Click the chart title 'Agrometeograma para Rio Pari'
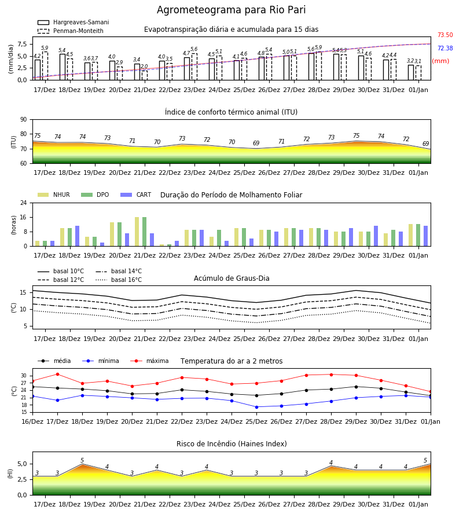tap(231, 10)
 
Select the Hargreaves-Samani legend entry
tap(73, 22)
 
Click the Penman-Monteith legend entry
tap(71, 31)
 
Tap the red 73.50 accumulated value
tap(445, 35)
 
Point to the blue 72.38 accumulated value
tap(445, 48)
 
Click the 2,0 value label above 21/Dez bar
tap(144, 67)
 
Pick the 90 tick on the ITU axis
tap(24, 120)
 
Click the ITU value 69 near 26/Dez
tap(256, 143)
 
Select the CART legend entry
tap(136, 195)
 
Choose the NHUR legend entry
tap(54, 195)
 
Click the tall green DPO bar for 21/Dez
tap(145, 232)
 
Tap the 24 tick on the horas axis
tap(24, 203)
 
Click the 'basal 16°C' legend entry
tap(119, 280)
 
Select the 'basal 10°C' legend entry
tap(61, 271)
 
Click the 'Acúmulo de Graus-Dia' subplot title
tap(231, 278)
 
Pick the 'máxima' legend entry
tap(149, 361)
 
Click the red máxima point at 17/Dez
tap(57, 374)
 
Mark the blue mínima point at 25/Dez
tap(256, 407)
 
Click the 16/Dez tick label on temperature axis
tap(32, 421)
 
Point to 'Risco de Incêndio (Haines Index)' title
tap(231, 444)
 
